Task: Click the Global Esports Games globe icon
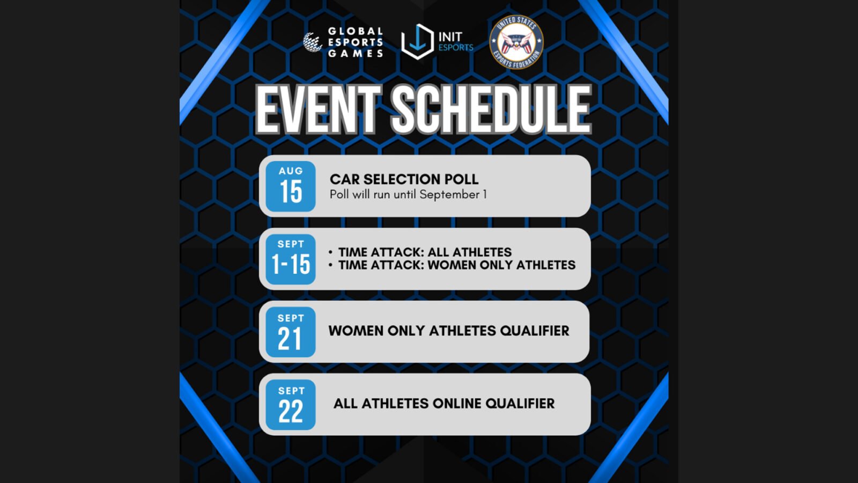tap(313, 42)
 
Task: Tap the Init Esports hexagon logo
tap(417, 42)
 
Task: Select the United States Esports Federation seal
tap(516, 42)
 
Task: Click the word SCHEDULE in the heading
tap(491, 110)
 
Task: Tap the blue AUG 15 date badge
tap(291, 186)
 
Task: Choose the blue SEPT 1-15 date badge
tap(291, 259)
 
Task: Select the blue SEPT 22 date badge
tap(291, 405)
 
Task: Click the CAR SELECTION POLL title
tap(404, 179)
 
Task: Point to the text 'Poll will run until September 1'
tap(408, 194)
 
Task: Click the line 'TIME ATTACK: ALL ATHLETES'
tap(425, 252)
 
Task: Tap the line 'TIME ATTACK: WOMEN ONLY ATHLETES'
tap(456, 265)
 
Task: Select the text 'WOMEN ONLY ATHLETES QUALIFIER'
tap(449, 331)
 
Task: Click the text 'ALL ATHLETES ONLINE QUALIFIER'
tap(444, 404)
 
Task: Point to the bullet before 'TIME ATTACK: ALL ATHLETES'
tap(330, 252)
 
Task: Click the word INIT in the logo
tap(450, 37)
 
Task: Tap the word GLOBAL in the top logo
tap(356, 31)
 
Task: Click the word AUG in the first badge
tap(291, 171)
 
